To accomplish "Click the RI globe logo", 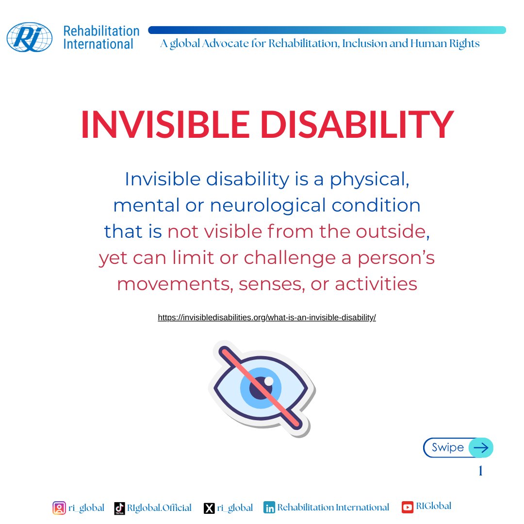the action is click(x=30, y=37).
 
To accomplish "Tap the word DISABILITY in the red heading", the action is click(x=357, y=124).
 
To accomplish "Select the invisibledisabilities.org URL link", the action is click(x=267, y=317).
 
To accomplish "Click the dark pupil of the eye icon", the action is click(x=262, y=388).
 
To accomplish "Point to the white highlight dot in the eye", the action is click(x=269, y=381).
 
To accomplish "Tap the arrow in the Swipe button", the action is click(x=481, y=447).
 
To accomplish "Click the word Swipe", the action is click(x=448, y=447).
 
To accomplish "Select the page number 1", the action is click(x=480, y=471).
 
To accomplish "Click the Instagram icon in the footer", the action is click(x=59, y=508).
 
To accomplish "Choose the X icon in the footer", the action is click(x=209, y=508).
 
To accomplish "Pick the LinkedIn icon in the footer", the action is click(x=269, y=508).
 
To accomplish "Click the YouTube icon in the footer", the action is click(x=408, y=507).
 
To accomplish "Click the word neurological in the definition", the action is click(x=268, y=206).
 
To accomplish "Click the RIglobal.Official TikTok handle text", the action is click(x=160, y=508).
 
